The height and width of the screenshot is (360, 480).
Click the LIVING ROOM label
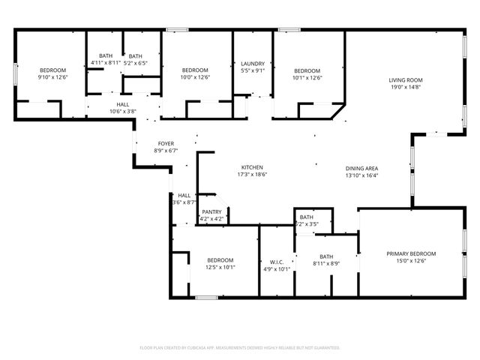tap(405, 80)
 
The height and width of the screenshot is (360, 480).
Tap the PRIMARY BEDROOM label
tap(411, 253)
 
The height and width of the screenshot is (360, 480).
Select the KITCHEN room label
tap(251, 167)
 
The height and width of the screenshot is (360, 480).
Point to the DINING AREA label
tap(361, 168)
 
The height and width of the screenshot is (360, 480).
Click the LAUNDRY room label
tap(251, 64)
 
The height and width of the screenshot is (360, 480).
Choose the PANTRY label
tap(211, 212)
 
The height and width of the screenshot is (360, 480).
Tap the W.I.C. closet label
tap(277, 262)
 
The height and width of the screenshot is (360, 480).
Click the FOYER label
tap(166, 143)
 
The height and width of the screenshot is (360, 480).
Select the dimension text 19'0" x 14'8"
tap(405, 87)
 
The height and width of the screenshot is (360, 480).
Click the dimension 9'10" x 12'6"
tap(52, 76)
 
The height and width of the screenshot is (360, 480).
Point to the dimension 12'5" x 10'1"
tap(220, 267)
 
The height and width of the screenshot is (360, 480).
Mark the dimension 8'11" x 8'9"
tap(326, 263)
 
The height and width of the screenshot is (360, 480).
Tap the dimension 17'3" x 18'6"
tap(251, 174)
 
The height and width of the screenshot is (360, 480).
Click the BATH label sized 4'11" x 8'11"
tap(106, 55)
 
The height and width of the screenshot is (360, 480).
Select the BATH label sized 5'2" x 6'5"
tap(135, 55)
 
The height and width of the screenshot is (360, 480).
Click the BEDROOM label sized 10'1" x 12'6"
tap(307, 70)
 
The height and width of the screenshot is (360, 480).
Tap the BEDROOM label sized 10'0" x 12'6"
tap(195, 70)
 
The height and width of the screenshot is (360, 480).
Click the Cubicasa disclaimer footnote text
tap(240, 347)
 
